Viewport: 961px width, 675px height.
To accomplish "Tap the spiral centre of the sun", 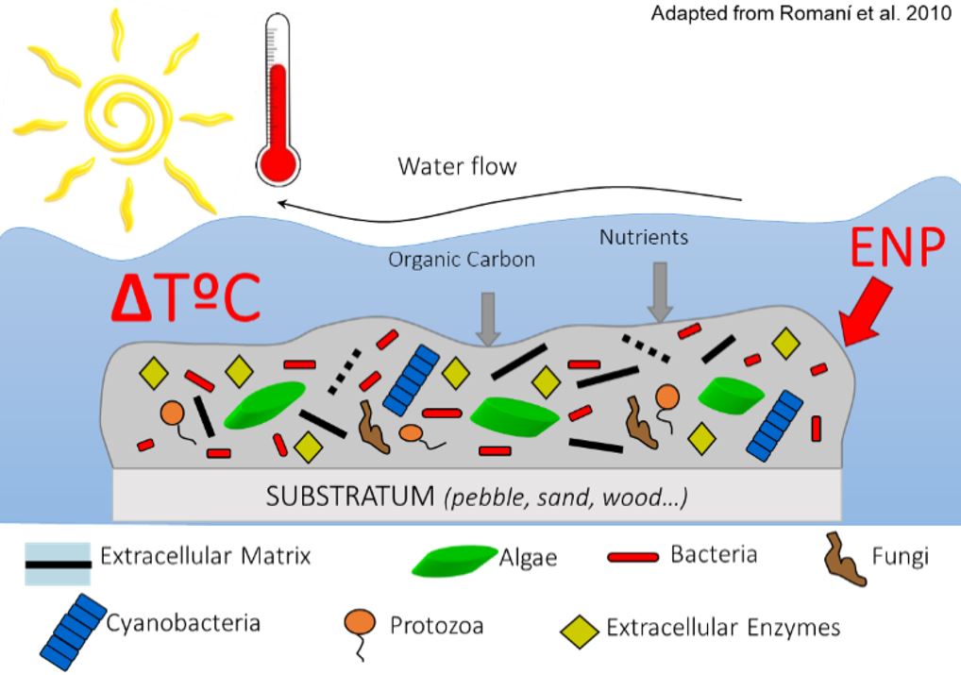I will tap(123, 110).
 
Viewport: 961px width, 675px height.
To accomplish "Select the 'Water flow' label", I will tap(457, 167).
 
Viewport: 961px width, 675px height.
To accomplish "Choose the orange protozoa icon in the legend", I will tap(361, 627).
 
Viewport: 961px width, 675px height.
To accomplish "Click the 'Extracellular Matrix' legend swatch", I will tap(59, 564).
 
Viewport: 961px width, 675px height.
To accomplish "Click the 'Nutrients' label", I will tap(644, 237).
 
